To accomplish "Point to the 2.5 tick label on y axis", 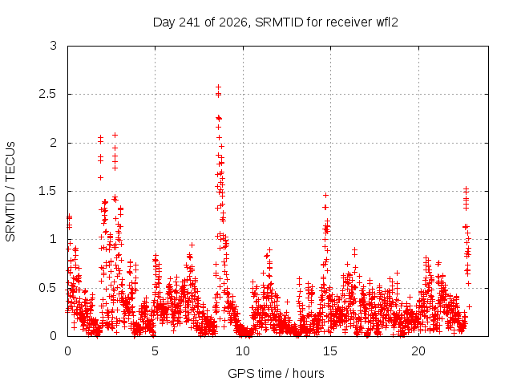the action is click(x=47, y=95).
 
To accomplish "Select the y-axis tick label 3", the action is click(x=54, y=46).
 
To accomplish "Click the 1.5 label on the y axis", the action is click(x=47, y=191).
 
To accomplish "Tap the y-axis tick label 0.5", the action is click(x=47, y=288).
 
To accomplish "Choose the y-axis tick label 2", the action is click(x=54, y=143).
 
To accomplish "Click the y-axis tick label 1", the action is click(x=54, y=240).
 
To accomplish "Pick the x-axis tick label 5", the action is click(x=155, y=351).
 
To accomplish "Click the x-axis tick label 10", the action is click(x=243, y=351).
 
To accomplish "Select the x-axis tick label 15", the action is click(x=330, y=351).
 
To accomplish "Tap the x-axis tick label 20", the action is click(x=418, y=351).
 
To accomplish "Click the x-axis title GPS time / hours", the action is click(x=276, y=373).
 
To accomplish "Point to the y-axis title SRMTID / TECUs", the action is click(x=10, y=192).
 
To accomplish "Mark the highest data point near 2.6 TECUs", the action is click(x=218, y=87).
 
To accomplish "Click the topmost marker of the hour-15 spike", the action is click(x=325, y=196).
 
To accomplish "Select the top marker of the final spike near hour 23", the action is click(x=467, y=189).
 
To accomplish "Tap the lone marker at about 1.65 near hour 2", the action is click(x=101, y=178).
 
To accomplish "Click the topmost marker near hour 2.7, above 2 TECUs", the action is click(x=115, y=136).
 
